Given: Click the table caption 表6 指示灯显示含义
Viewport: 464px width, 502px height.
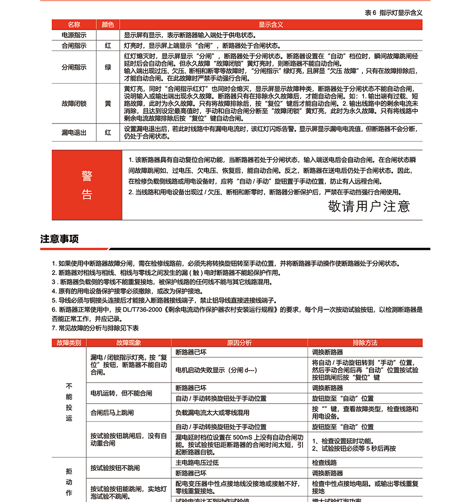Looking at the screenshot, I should [393, 13].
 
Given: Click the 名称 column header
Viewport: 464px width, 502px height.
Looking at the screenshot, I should [74, 25].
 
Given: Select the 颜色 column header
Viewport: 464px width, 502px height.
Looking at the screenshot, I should [108, 25].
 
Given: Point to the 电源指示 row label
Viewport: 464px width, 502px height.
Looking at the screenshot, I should [74, 35].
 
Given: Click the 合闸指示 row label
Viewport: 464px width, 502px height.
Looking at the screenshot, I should [74, 46].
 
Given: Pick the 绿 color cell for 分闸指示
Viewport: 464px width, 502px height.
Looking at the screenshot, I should [108, 67].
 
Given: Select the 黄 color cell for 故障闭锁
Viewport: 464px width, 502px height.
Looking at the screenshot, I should [108, 104].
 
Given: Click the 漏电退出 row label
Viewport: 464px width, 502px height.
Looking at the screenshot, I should [74, 132].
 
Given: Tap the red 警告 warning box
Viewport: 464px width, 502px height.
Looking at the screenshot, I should [87, 185].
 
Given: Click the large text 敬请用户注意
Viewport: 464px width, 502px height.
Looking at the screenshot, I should [369, 206].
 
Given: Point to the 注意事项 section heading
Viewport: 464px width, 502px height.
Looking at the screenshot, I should [59, 239].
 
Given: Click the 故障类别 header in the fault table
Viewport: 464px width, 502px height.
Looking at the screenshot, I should [69, 343].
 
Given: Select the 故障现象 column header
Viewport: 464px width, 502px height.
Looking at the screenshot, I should [129, 343].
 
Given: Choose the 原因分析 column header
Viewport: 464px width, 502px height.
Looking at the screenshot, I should [239, 343].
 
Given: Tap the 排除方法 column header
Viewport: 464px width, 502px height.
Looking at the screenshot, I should [365, 343].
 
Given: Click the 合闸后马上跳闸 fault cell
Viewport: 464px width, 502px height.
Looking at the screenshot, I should [112, 412].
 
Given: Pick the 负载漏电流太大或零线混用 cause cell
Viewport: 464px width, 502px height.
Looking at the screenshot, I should [213, 412].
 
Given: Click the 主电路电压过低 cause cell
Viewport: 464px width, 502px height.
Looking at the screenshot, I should [197, 463].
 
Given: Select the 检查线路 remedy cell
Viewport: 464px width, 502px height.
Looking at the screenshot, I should [324, 463].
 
